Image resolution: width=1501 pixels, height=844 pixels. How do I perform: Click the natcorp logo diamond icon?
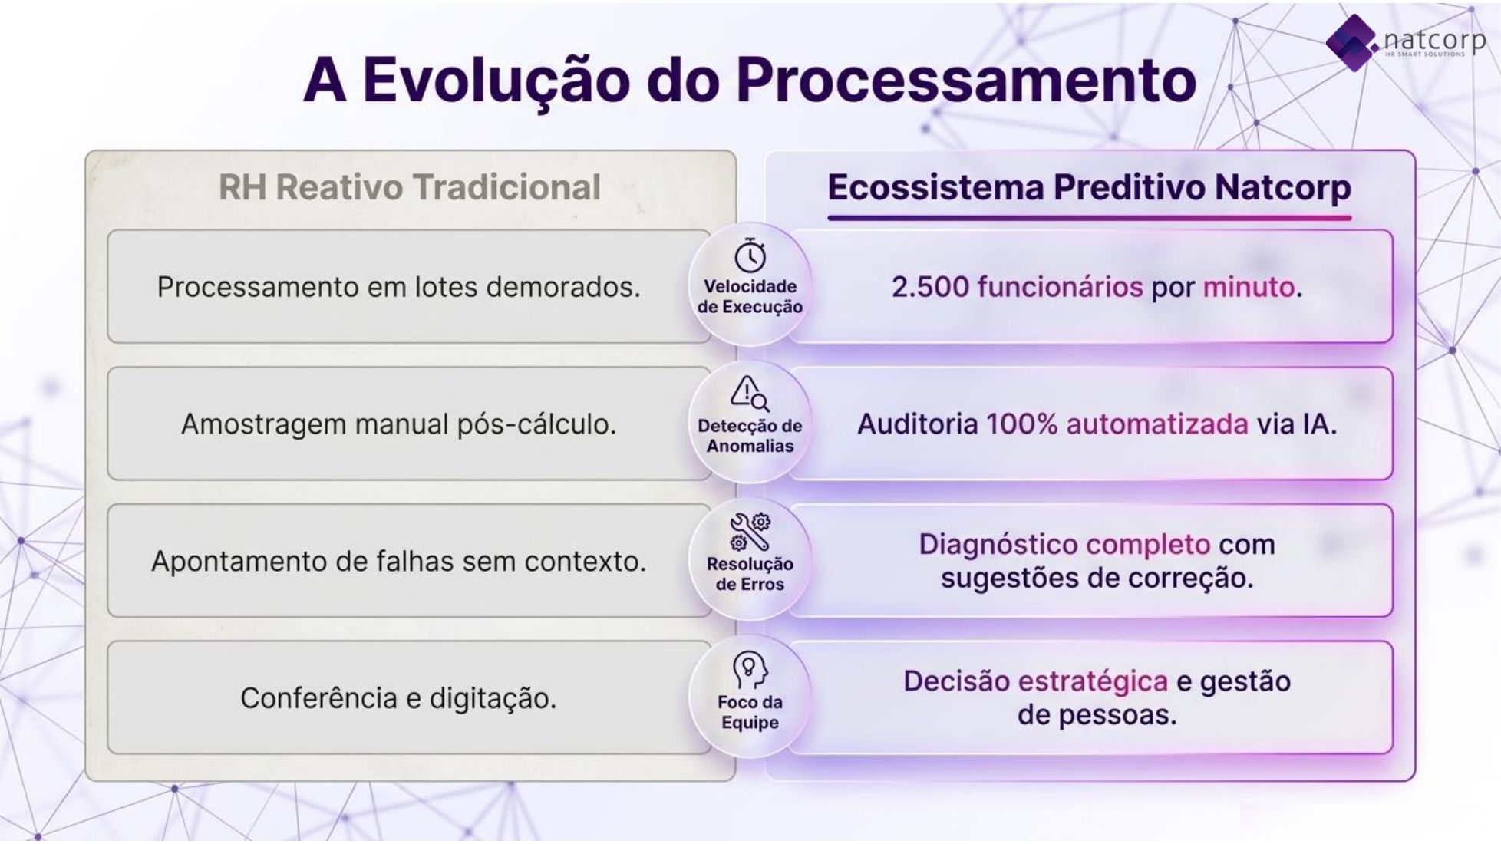(1352, 42)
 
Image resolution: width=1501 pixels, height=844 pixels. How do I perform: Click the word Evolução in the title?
(496, 80)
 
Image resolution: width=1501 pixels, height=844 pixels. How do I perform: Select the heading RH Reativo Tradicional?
(410, 187)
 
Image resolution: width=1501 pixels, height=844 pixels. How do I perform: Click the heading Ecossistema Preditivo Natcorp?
(1089, 187)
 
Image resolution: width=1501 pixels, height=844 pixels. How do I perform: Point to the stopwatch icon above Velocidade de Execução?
(750, 256)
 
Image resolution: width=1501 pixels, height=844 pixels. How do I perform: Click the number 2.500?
(930, 287)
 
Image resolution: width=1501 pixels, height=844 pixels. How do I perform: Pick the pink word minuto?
(1249, 287)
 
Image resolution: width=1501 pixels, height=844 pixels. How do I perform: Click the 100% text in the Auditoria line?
(1021, 424)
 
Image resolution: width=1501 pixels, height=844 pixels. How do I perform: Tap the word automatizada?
(1156, 424)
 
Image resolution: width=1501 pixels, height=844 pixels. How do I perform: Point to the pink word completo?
(1148, 545)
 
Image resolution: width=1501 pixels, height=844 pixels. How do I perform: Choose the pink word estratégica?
(1093, 681)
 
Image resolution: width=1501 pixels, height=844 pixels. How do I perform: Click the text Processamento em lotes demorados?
(398, 287)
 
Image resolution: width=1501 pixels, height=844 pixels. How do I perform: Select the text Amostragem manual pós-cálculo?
(398, 424)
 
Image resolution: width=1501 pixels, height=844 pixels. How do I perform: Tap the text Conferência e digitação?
(398, 698)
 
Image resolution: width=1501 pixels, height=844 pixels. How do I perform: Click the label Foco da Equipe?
(750, 712)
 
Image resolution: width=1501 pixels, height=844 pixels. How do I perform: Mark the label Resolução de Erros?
(750, 574)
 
